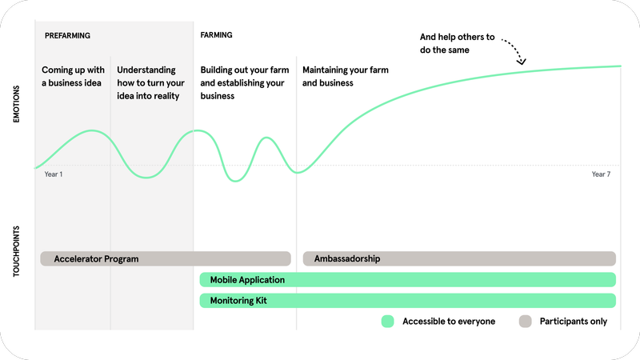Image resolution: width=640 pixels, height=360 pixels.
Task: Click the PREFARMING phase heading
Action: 67,36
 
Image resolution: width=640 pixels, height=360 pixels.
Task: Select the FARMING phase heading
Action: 216,35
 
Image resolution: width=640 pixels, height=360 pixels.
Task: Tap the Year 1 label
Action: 54,174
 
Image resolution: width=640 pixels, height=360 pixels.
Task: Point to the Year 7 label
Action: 601,174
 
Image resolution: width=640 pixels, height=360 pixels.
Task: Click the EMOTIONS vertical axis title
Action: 16,104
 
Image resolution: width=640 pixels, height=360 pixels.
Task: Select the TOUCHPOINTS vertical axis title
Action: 16,251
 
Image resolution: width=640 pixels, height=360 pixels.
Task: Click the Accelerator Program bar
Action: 166,258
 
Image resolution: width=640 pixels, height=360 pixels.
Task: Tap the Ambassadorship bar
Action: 459,258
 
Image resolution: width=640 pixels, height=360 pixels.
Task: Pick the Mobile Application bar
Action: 408,279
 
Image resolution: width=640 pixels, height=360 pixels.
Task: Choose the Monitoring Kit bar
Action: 408,301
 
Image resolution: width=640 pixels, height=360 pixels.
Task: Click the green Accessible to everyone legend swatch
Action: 388,322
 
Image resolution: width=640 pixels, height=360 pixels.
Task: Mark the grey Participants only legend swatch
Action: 526,322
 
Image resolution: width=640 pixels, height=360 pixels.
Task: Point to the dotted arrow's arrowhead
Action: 522,62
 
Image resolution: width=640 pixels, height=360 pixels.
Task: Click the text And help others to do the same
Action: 457,43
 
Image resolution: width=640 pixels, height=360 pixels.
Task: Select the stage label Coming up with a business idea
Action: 73,76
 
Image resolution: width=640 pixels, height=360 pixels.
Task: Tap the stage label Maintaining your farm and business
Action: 346,76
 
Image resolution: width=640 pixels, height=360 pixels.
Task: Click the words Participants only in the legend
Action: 574,322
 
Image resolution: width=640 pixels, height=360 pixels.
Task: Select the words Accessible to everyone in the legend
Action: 449,322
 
